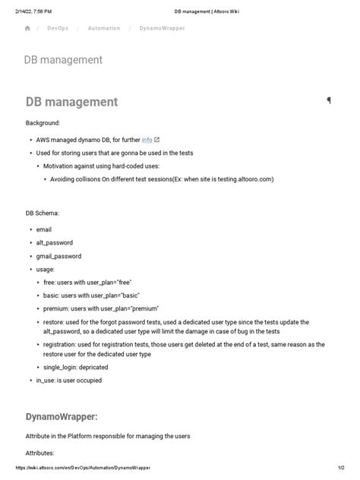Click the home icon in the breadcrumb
(27, 28)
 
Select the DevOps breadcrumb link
(57, 28)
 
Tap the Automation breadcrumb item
(103, 28)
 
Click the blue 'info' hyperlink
(147, 140)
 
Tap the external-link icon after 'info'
(157, 140)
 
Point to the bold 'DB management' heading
(71, 102)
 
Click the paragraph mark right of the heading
(329, 100)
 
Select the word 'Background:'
(43, 122)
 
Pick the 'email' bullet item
(43, 229)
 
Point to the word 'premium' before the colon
(58, 309)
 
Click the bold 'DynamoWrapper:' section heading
(62, 417)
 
